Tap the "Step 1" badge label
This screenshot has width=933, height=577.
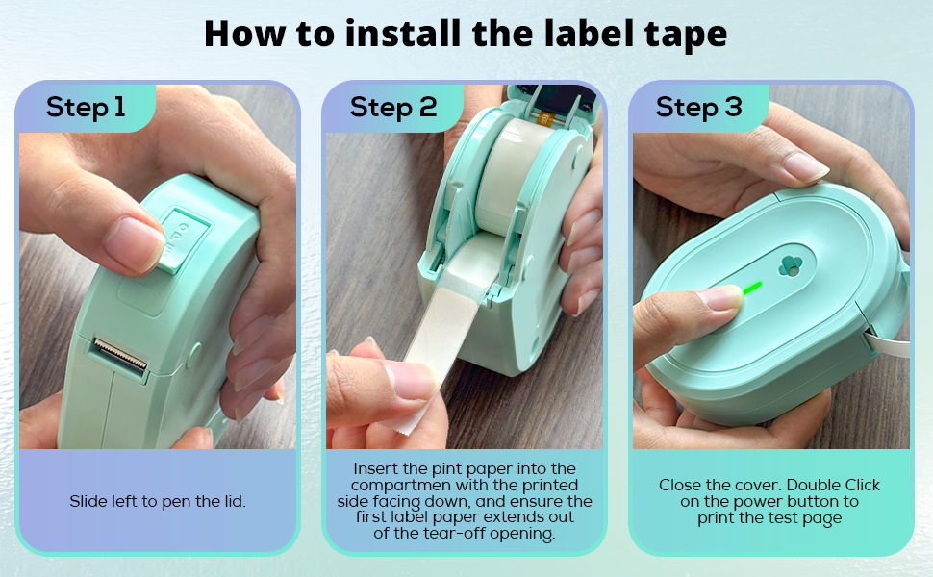click(86, 107)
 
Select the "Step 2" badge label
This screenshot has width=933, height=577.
click(392, 107)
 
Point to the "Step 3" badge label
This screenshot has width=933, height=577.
click(698, 107)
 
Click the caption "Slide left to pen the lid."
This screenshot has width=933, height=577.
click(157, 501)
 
